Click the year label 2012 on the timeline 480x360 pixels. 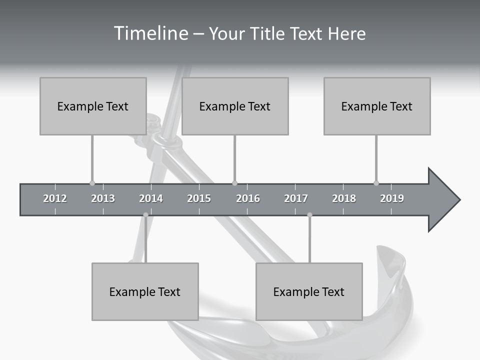[x=55, y=198]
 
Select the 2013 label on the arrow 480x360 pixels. [x=103, y=198]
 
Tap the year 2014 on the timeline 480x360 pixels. [x=151, y=198]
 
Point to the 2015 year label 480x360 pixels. [x=199, y=198]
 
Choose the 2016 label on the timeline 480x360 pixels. [x=248, y=198]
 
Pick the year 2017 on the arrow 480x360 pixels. [x=296, y=198]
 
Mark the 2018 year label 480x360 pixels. [x=344, y=198]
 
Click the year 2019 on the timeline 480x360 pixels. [x=392, y=198]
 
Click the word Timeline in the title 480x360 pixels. [x=150, y=33]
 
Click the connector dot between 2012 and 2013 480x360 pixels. [x=92, y=183]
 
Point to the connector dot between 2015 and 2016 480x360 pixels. [x=235, y=183]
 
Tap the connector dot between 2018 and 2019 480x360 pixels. [x=376, y=183]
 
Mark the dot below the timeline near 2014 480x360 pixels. [x=145, y=215]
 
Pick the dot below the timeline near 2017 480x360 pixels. [x=309, y=215]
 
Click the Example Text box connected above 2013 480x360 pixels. [x=93, y=106]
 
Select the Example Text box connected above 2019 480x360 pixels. [x=377, y=106]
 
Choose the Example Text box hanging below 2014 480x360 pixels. [x=145, y=291]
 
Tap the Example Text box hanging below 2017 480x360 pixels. [x=309, y=291]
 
